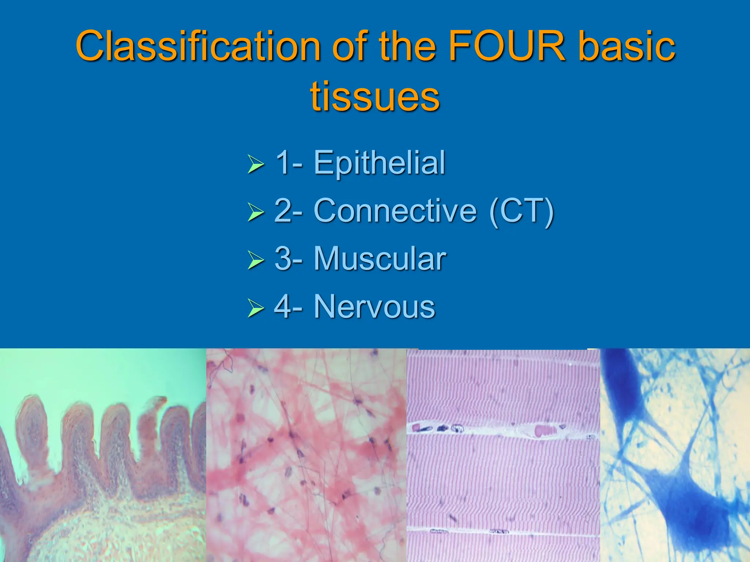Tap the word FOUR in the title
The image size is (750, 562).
coord(507,46)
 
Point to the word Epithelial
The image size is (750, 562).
coord(379,163)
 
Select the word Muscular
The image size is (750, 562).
coord(380,259)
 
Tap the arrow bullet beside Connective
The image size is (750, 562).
coord(255,212)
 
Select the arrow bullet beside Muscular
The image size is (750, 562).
coord(255,260)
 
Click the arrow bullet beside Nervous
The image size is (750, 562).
coord(255,308)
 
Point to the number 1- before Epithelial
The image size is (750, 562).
coord(289,163)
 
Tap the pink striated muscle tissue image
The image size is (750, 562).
coord(503,476)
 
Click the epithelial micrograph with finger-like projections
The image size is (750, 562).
coord(103,457)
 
